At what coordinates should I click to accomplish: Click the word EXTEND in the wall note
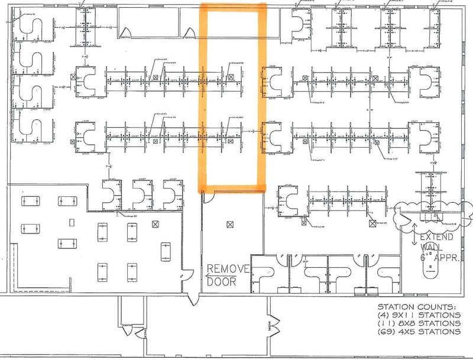coord(436,238)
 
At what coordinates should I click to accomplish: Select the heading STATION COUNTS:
coord(417,307)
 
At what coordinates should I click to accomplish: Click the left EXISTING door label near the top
coord(125,37)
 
